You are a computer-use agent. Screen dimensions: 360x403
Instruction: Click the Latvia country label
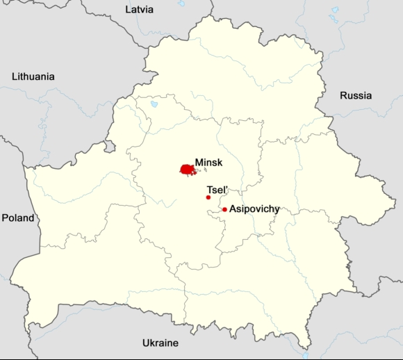click(x=139, y=10)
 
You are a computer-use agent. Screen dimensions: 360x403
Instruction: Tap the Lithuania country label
click(x=33, y=76)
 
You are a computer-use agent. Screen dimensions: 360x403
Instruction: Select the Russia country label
click(x=355, y=95)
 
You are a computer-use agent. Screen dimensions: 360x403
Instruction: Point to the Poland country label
click(x=17, y=218)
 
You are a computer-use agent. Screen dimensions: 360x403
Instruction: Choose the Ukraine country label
click(x=160, y=343)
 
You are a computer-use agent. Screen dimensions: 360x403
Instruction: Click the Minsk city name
click(x=208, y=161)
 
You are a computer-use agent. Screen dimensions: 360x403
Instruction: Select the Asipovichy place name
click(x=254, y=208)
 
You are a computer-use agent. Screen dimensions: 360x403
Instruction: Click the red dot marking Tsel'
click(x=208, y=197)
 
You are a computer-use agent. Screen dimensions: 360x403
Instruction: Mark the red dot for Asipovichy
click(x=224, y=209)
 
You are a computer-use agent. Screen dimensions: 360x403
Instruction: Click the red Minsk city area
click(x=186, y=169)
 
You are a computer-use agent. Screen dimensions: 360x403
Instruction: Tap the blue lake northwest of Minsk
click(x=154, y=104)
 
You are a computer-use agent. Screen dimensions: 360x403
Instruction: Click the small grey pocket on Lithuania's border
click(x=109, y=146)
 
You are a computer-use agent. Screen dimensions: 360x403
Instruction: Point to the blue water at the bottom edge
click(x=305, y=354)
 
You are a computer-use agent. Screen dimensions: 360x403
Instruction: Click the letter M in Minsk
click(x=199, y=161)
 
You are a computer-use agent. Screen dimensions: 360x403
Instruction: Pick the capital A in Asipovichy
click(x=233, y=208)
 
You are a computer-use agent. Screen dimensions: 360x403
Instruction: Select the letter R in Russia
click(x=343, y=95)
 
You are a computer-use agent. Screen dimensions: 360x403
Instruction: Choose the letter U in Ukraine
click(x=146, y=343)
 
